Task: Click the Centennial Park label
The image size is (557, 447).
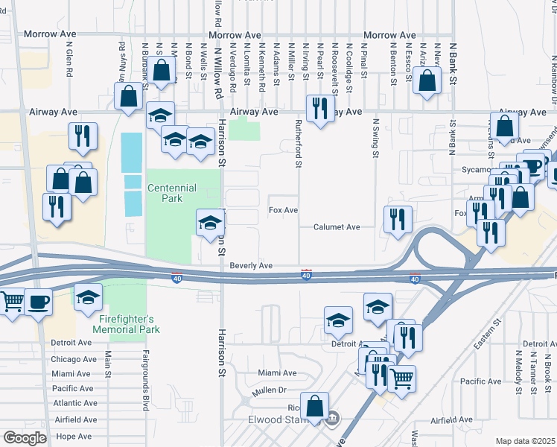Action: tap(172, 194)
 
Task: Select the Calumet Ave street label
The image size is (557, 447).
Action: tap(337, 226)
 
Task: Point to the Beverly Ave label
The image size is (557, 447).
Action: tap(251, 265)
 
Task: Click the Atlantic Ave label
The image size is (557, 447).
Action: tap(74, 403)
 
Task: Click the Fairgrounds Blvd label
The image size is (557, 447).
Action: tap(146, 380)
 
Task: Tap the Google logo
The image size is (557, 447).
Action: tap(25, 438)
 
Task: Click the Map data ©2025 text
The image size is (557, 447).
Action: tap(524, 441)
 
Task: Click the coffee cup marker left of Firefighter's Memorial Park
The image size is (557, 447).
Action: tap(38, 303)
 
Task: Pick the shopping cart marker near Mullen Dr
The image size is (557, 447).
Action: tap(402, 378)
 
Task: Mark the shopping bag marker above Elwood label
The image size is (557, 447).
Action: tap(316, 407)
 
